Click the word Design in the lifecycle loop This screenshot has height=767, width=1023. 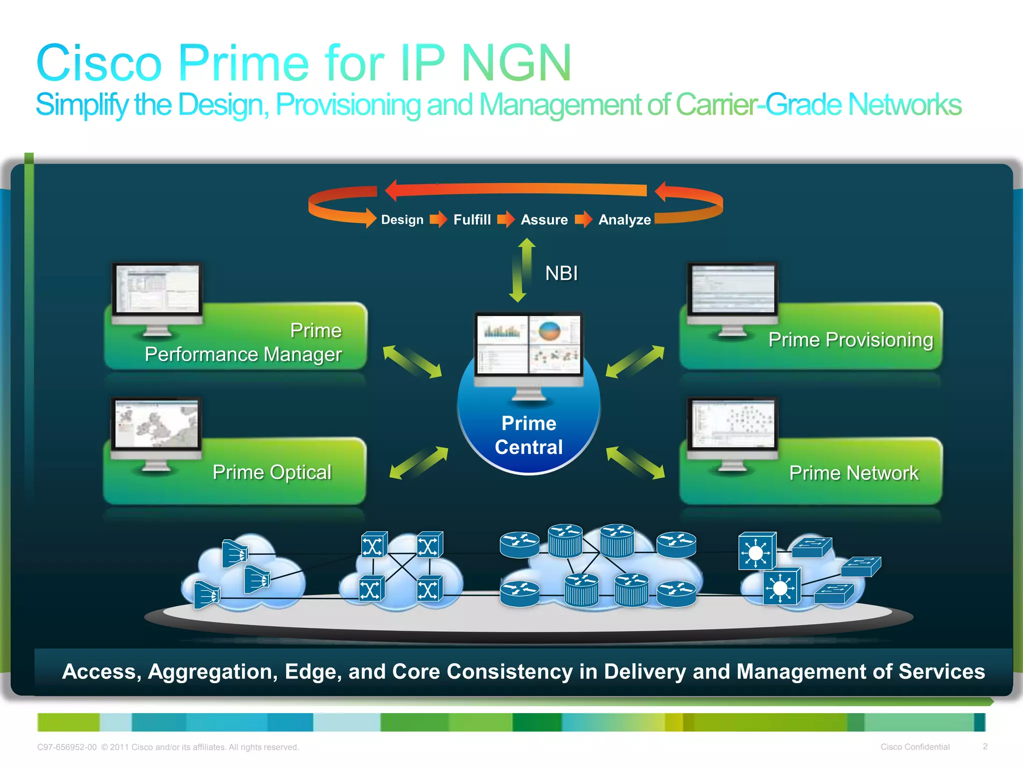point(402,220)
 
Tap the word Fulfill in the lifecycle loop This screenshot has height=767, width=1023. point(472,220)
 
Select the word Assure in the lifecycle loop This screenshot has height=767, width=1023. point(544,220)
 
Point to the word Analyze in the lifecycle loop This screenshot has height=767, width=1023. point(624,220)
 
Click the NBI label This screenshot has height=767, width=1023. point(561,273)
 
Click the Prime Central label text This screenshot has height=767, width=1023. point(528,435)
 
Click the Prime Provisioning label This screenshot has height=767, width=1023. point(850,340)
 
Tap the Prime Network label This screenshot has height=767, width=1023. point(854,473)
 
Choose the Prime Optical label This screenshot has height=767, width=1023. point(272,472)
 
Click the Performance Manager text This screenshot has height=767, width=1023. point(243,355)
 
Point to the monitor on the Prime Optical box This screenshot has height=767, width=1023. point(156,429)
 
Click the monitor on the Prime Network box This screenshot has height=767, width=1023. point(732,429)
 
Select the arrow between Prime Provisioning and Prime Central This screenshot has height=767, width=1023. point(635,362)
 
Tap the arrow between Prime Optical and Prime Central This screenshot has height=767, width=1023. point(419,463)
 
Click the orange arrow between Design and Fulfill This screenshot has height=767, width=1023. point(438,219)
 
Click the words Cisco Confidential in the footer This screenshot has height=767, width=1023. point(915,747)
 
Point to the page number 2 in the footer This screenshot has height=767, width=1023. point(985,747)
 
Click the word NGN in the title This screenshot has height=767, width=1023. point(516,63)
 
